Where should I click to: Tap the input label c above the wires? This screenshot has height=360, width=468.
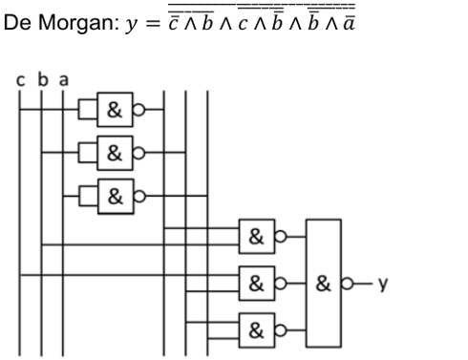(x=21, y=80)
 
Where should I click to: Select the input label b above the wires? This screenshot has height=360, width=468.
(x=42, y=80)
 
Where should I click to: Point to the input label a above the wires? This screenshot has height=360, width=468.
(x=63, y=80)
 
